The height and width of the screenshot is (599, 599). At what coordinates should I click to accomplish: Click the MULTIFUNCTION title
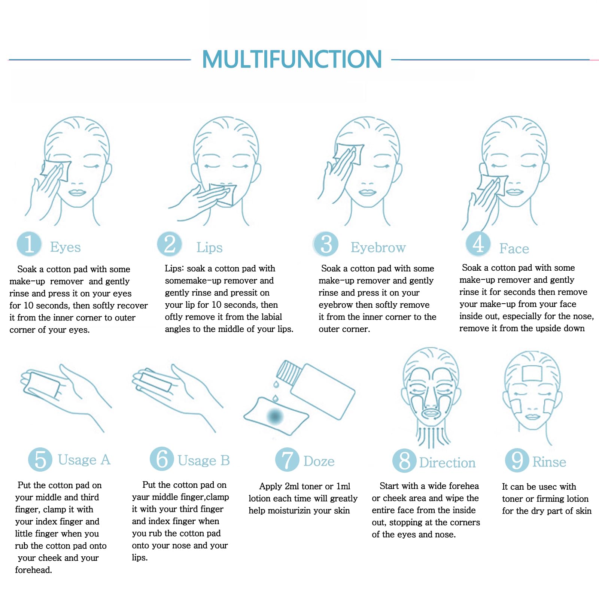292,59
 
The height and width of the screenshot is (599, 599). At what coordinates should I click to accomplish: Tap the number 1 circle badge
29,244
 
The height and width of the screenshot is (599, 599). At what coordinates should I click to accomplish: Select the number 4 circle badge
478,244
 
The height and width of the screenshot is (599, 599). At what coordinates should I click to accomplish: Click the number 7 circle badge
287,460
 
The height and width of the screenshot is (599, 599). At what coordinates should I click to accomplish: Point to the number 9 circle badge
517,460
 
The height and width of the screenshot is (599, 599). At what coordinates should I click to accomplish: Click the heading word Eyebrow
378,247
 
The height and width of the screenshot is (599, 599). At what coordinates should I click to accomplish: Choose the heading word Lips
209,247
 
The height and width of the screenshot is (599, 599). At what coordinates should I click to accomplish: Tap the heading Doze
319,461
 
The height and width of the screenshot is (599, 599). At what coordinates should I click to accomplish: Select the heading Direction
447,463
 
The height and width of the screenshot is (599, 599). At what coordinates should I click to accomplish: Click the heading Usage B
204,460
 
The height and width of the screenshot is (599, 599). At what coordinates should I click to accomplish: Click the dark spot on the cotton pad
275,416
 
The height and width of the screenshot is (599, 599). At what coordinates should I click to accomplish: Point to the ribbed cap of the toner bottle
289,372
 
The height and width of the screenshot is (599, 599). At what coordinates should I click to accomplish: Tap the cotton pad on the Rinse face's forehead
532,373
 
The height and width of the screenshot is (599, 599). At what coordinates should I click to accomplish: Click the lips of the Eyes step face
77,193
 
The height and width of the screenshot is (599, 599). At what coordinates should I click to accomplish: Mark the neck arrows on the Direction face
433,436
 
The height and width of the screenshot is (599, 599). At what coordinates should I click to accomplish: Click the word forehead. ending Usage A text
33,570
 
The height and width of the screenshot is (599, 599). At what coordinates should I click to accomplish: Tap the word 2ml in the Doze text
292,486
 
